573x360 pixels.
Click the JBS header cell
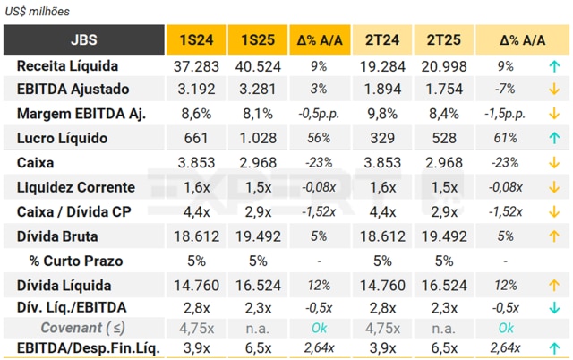(x=85, y=40)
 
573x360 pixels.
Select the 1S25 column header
(x=257, y=40)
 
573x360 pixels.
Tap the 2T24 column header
(x=382, y=40)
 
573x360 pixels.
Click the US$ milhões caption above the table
(x=38, y=12)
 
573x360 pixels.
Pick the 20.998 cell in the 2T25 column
(x=443, y=66)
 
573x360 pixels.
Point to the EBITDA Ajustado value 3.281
(x=257, y=90)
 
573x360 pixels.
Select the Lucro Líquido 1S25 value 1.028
(x=257, y=138)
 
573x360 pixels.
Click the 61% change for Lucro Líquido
(x=506, y=138)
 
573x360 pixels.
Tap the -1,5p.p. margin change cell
(x=506, y=114)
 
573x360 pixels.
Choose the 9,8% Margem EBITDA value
(x=382, y=114)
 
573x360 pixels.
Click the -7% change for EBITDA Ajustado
(x=506, y=90)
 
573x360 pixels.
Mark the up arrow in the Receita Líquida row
(x=555, y=66)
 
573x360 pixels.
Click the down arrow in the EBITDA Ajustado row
(x=555, y=90)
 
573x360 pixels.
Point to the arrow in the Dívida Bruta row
(x=555, y=236)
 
